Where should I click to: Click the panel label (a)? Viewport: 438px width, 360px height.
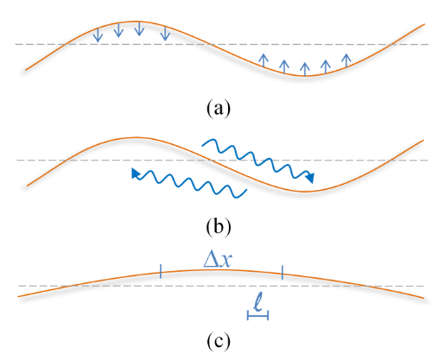pos(219,108)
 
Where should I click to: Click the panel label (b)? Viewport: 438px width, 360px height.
pos(219,226)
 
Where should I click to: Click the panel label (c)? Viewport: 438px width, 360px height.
pos(219,341)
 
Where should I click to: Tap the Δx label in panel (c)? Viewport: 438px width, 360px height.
pos(217,261)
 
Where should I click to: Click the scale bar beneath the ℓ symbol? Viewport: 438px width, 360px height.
pos(258,315)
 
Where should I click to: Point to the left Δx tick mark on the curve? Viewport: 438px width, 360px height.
pos(161,272)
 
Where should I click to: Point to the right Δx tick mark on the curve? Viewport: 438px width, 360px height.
pos(282,272)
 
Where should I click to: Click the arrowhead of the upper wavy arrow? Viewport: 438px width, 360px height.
pos(310,178)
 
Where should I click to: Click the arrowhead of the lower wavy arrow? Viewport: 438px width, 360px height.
pos(135,174)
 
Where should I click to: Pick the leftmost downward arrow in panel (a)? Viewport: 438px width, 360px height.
pos(98,35)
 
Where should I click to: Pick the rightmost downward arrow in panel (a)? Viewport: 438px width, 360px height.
pos(165,33)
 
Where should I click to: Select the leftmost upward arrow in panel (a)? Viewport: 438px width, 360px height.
pos(263,60)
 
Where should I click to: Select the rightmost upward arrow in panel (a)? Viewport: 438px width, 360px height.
pos(346,60)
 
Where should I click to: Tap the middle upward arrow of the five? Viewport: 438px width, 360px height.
pos(305,69)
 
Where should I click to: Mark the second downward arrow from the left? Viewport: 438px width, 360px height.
pos(118,30)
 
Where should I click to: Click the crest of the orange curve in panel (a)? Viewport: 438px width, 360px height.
pos(133,22)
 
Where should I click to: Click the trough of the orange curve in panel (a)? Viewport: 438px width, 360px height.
pos(305,76)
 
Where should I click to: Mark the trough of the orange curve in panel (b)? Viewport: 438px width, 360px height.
pos(306,192)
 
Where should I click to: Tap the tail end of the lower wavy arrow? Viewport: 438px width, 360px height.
pos(247,190)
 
